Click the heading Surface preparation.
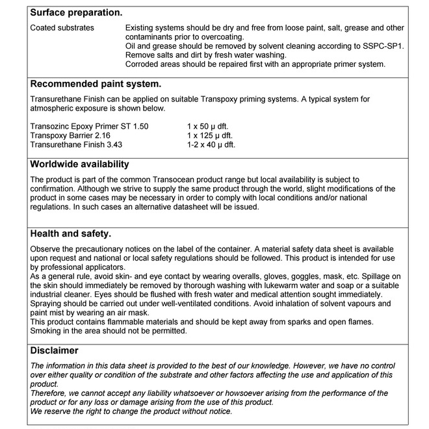tap(76, 12)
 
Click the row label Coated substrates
tap(62, 28)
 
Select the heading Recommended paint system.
tap(96, 84)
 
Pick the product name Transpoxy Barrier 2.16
tap(71, 135)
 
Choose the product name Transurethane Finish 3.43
tap(77, 144)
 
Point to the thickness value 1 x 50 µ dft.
tap(208, 126)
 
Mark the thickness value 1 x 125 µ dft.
tap(210, 135)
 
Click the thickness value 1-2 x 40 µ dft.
tap(211, 144)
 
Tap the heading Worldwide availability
tap(80, 164)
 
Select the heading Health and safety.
tap(71, 233)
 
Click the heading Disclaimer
tap(54, 350)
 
